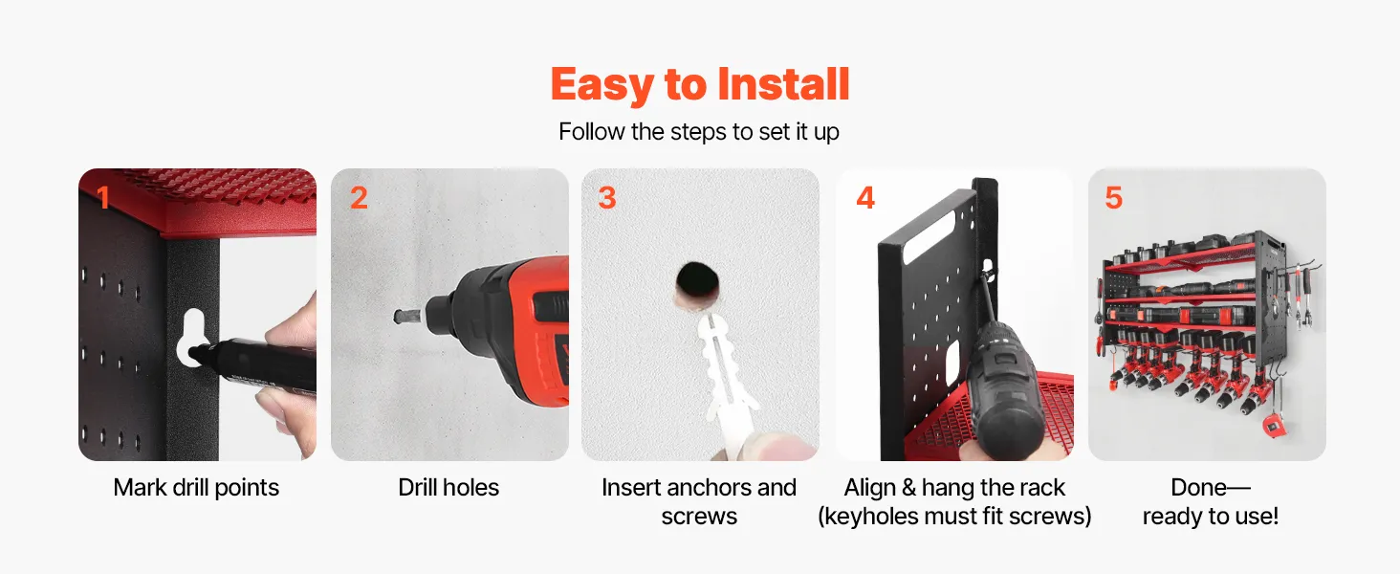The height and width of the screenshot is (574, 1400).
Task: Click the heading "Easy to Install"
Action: coord(700,84)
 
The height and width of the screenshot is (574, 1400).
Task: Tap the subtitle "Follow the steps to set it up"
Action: coord(699,132)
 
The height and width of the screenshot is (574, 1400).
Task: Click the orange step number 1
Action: coord(103,198)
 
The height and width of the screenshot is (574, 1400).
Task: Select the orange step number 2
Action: coord(359,198)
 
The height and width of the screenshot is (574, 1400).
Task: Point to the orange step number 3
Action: coord(607,198)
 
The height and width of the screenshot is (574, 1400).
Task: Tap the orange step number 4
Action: coord(865,198)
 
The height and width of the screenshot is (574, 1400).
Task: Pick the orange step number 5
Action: coord(1114,198)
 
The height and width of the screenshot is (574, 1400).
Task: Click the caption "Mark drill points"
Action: coord(196,488)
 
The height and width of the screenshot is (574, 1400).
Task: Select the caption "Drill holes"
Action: coord(448,488)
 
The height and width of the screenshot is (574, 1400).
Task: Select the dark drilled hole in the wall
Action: coord(697,279)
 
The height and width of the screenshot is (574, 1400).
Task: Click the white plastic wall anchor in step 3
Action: coord(726,375)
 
